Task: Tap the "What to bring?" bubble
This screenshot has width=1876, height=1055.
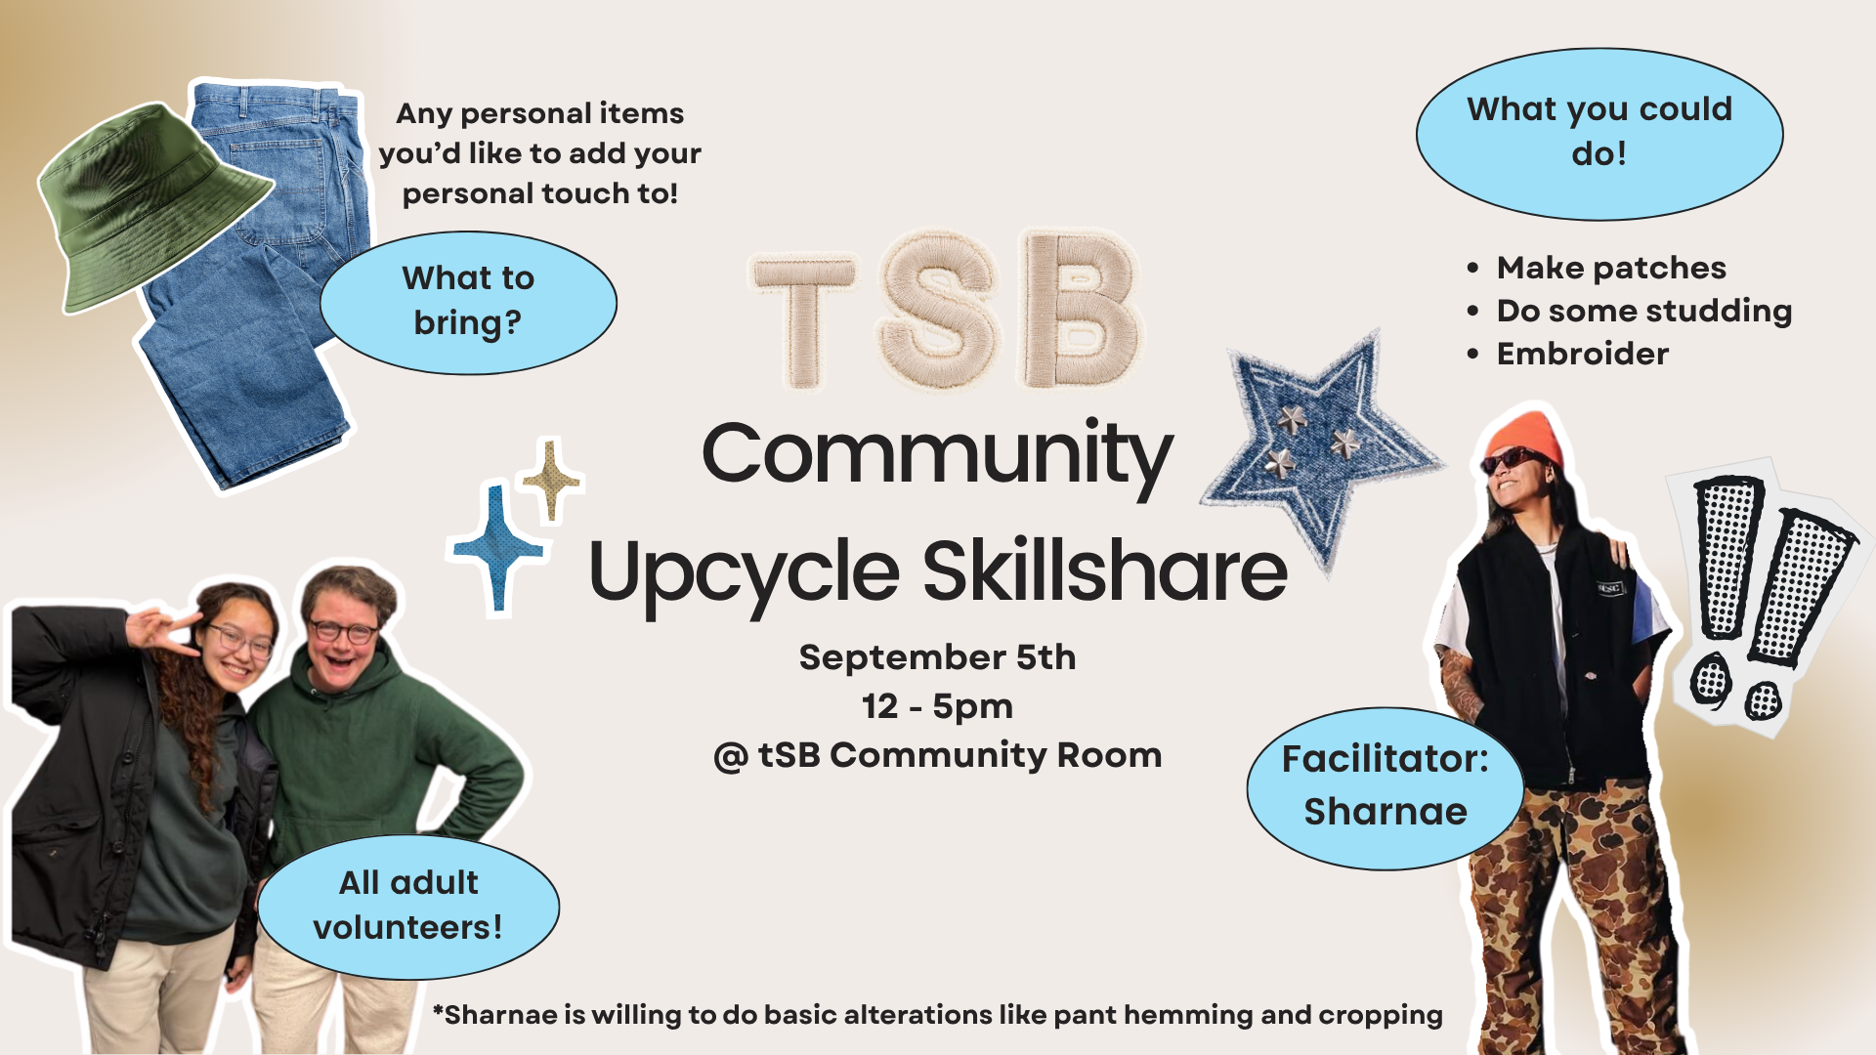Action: coord(468,302)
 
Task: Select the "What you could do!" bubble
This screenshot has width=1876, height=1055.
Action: coord(1599,133)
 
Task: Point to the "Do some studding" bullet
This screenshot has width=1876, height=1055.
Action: coord(1630,311)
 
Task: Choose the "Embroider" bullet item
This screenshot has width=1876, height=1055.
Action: coord(1568,354)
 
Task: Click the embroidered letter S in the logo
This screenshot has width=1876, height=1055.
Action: coord(940,311)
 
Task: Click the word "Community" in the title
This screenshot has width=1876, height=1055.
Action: coord(937,455)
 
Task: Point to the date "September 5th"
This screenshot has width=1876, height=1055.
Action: coord(937,657)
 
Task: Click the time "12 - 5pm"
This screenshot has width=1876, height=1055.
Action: coord(937,706)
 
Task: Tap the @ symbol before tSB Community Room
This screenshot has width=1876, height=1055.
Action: coord(731,757)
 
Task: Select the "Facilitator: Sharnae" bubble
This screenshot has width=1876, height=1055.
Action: coord(1386,787)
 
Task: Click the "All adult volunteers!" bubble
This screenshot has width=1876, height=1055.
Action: coord(408,906)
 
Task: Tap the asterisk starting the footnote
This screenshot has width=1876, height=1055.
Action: coord(439,1007)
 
